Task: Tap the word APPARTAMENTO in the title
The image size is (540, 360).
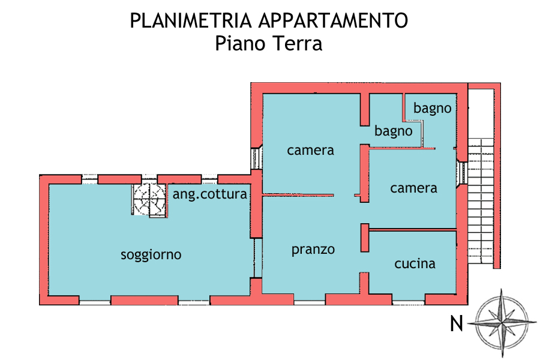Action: pyautogui.click(x=334, y=20)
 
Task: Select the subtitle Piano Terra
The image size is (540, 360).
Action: pyautogui.click(x=269, y=44)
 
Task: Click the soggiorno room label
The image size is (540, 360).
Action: pyautogui.click(x=151, y=255)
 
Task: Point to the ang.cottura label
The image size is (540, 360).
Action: pyautogui.click(x=210, y=194)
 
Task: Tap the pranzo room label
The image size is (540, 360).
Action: pyautogui.click(x=313, y=250)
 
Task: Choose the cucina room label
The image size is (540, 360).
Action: pyautogui.click(x=415, y=263)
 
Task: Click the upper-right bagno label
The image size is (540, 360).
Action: pyautogui.click(x=432, y=108)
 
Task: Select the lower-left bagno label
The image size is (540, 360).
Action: pyautogui.click(x=393, y=131)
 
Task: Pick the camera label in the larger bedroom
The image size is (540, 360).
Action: pyautogui.click(x=310, y=151)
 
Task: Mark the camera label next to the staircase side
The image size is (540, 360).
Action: pyautogui.click(x=413, y=188)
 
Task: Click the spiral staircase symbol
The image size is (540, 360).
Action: pyautogui.click(x=149, y=200)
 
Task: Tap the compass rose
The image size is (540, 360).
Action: pyautogui.click(x=502, y=323)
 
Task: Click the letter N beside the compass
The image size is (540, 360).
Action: pyautogui.click(x=457, y=323)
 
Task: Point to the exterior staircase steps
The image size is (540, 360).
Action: pyautogui.click(x=481, y=201)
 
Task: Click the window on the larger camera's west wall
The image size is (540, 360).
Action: pyautogui.click(x=256, y=158)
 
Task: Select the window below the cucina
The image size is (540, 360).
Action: pyautogui.click(x=408, y=303)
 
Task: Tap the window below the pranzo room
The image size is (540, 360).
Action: pyautogui.click(x=309, y=303)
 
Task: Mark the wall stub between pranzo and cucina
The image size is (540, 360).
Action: pyautogui.click(x=365, y=238)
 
